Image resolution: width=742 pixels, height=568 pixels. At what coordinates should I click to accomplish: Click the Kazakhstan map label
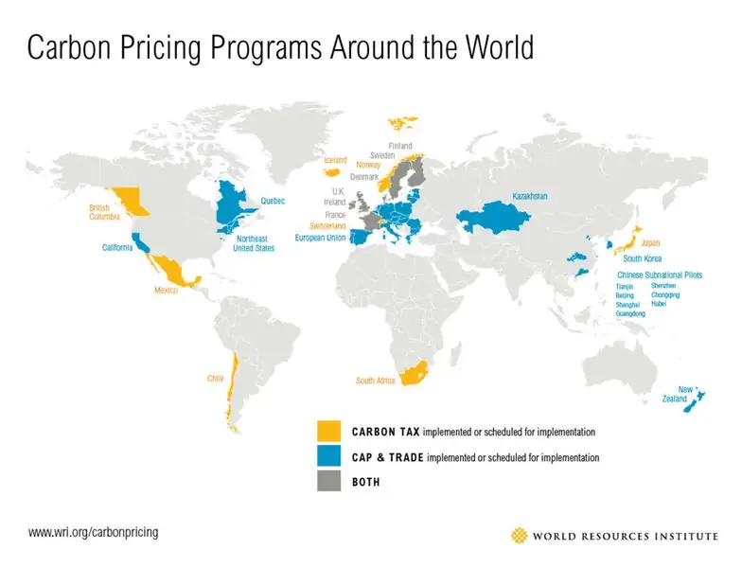530,196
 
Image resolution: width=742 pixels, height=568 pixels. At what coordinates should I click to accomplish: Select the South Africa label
376,381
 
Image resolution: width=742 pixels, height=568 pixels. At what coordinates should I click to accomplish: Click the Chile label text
216,379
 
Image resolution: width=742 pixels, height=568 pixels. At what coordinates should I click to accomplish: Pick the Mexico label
167,290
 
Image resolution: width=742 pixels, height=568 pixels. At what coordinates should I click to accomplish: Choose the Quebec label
273,201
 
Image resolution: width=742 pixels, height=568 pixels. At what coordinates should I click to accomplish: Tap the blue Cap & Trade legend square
329,457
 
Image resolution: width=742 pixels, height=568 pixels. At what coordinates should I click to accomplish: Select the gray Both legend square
329,482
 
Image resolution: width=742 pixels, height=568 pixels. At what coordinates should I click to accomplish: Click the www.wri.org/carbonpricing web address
93,533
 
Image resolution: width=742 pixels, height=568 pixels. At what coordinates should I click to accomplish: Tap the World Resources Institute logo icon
519,536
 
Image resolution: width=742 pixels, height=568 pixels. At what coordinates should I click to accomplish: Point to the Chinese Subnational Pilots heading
656,275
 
